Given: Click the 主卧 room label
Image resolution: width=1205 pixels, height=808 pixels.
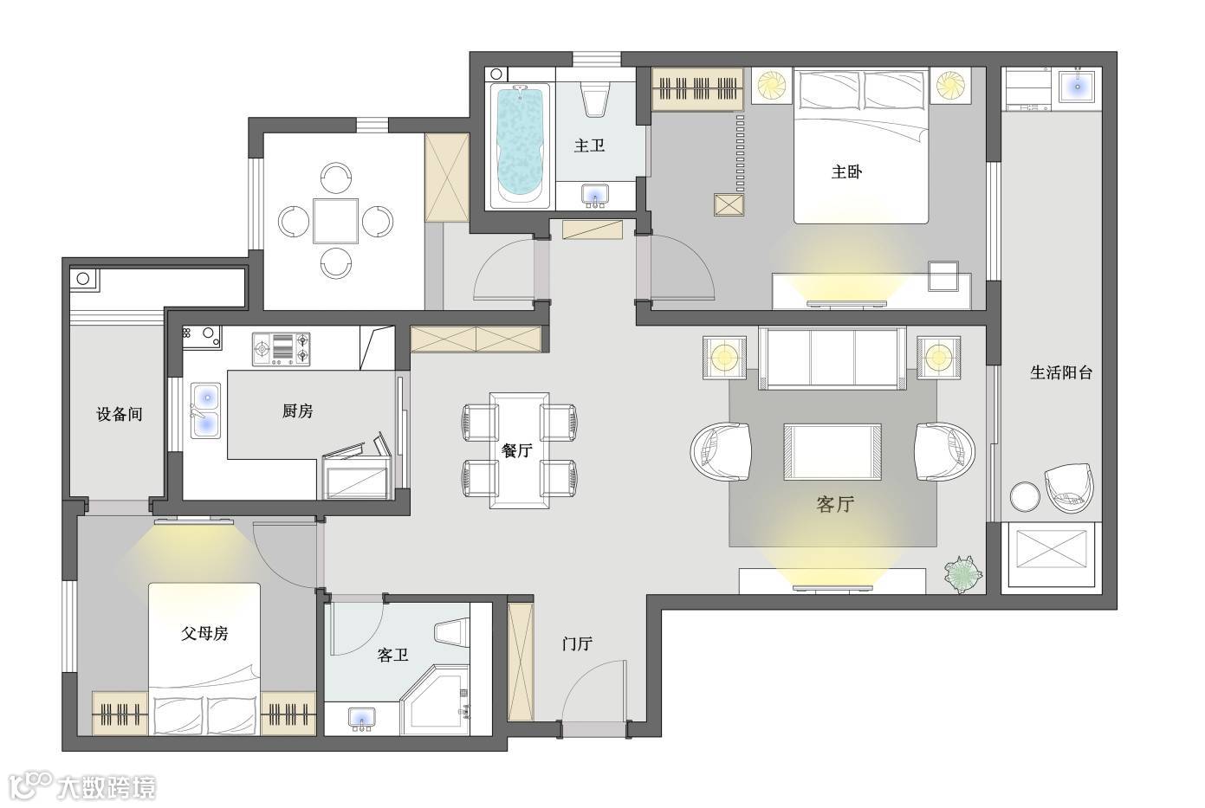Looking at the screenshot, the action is coord(846,171).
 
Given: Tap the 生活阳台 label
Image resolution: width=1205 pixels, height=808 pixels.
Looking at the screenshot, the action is coord(1061,372).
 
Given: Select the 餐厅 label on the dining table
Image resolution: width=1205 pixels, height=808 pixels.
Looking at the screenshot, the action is coord(517,449).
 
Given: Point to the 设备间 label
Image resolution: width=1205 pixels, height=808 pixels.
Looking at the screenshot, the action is coord(120,414).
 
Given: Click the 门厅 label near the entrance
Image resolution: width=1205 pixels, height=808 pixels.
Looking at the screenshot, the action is coord(577,643).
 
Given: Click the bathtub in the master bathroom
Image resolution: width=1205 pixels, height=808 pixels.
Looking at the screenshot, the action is coord(520,145).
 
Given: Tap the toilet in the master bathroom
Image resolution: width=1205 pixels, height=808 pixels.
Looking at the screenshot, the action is coord(594,99).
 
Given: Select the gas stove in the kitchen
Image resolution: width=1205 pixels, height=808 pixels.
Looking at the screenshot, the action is coord(281,349).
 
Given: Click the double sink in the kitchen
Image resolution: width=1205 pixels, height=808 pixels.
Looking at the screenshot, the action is coord(206,411).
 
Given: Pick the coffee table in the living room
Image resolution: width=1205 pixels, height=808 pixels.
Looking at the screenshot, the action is coord(832,451).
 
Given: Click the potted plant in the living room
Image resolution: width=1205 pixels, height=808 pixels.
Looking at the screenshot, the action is coord(963,574).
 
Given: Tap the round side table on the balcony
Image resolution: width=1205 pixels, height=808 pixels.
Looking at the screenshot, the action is coord(1025,496).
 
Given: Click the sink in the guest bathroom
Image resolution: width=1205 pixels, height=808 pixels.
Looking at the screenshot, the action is coord(361,718).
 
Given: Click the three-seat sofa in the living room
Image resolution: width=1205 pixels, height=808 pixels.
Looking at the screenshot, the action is coord(832,358).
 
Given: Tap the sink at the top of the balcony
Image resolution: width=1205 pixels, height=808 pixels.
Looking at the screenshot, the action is coord(1078,86).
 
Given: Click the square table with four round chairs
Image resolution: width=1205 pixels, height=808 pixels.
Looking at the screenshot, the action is coord(335,221).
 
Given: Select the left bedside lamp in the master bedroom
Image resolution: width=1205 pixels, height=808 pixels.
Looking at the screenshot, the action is coord(771,86).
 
